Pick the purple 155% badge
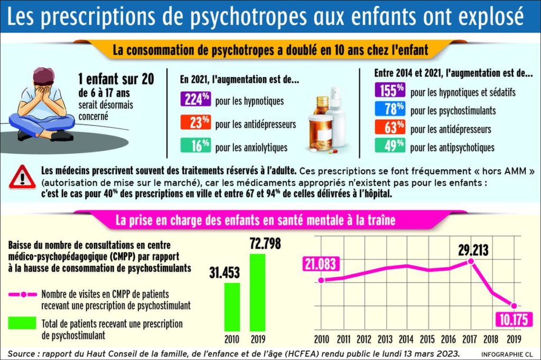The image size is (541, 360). pyautogui.click(x=390, y=91)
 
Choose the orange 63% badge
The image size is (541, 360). pyautogui.click(x=390, y=128)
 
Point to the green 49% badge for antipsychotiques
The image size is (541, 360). pyautogui.click(x=390, y=146)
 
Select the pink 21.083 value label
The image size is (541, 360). pyautogui.click(x=320, y=264)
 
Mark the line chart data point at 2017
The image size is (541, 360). pyautogui.click(x=470, y=261)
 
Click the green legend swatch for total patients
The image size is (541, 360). pyautogui.click(x=22, y=323)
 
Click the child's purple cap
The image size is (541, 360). pyautogui.click(x=46, y=77)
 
